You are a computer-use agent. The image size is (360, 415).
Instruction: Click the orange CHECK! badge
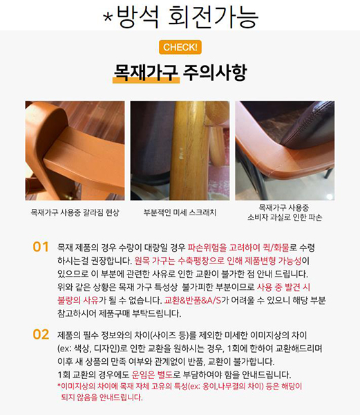coord(180,47)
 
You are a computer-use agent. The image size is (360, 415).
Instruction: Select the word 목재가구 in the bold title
coord(146,72)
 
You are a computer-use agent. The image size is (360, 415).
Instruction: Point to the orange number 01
coord(41,247)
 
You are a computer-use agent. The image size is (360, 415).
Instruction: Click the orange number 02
coord(41,335)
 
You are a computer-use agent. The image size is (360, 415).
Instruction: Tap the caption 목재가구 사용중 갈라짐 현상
coord(75,212)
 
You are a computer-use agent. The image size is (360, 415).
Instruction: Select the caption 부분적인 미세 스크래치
coord(180,212)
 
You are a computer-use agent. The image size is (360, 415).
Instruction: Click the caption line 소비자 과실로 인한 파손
coord(285,217)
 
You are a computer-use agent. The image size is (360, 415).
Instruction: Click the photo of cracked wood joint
coord(75,150)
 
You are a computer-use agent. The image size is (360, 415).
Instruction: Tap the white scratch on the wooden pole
coord(181,154)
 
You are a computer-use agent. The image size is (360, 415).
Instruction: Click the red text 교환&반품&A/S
coord(193,300)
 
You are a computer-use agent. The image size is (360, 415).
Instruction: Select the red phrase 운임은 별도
coord(152,374)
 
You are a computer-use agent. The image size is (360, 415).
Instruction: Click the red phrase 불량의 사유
coord(78,300)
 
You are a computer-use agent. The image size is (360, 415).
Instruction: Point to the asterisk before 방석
coord(108,17)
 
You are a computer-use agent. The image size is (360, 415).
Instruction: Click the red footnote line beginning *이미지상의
coord(180,387)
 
